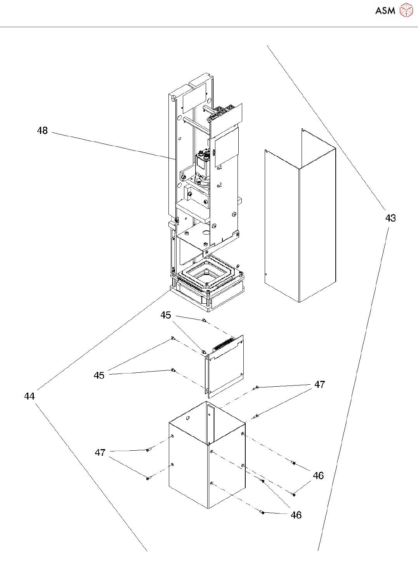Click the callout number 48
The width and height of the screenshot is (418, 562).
[x=42, y=131]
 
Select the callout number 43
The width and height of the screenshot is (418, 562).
[x=390, y=218]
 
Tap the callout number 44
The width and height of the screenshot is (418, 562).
[x=29, y=396]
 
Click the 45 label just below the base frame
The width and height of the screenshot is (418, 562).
[x=166, y=315]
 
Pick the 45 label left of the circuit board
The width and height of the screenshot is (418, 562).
[x=99, y=375]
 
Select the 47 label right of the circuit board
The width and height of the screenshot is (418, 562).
[x=319, y=384]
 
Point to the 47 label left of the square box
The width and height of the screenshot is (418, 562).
[x=100, y=453]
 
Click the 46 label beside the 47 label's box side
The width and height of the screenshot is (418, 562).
[x=318, y=476]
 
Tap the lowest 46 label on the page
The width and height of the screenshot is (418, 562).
[x=296, y=515]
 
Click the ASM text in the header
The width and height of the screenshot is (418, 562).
[x=385, y=11]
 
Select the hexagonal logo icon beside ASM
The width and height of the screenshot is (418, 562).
[x=406, y=10]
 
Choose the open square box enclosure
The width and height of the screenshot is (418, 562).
[x=208, y=462]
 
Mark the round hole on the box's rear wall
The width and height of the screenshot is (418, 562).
[x=188, y=418]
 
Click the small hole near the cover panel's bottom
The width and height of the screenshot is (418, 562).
[x=265, y=275]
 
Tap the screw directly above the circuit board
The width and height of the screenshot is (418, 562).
[x=203, y=320]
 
